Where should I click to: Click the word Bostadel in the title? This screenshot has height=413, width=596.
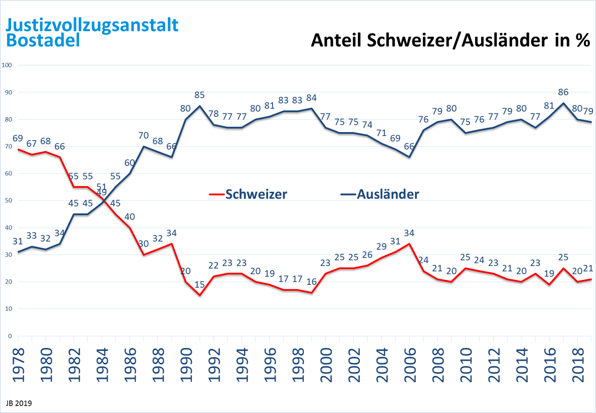(43, 40)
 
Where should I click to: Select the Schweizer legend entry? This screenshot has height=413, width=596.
(256, 194)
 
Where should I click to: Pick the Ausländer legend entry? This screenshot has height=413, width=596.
(387, 194)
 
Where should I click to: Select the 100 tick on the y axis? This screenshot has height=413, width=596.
(7, 65)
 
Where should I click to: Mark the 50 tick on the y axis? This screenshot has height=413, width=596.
(8, 200)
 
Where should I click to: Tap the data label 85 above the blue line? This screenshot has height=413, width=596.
(199, 95)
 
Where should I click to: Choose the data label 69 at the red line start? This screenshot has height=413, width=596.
(18, 139)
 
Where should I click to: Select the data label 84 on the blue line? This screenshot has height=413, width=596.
(312, 98)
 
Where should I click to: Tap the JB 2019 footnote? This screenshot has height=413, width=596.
(19, 401)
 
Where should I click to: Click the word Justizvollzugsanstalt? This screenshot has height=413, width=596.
(92, 24)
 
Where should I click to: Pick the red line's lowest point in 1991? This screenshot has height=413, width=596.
(200, 295)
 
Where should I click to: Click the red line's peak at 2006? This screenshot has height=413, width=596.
(409, 244)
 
